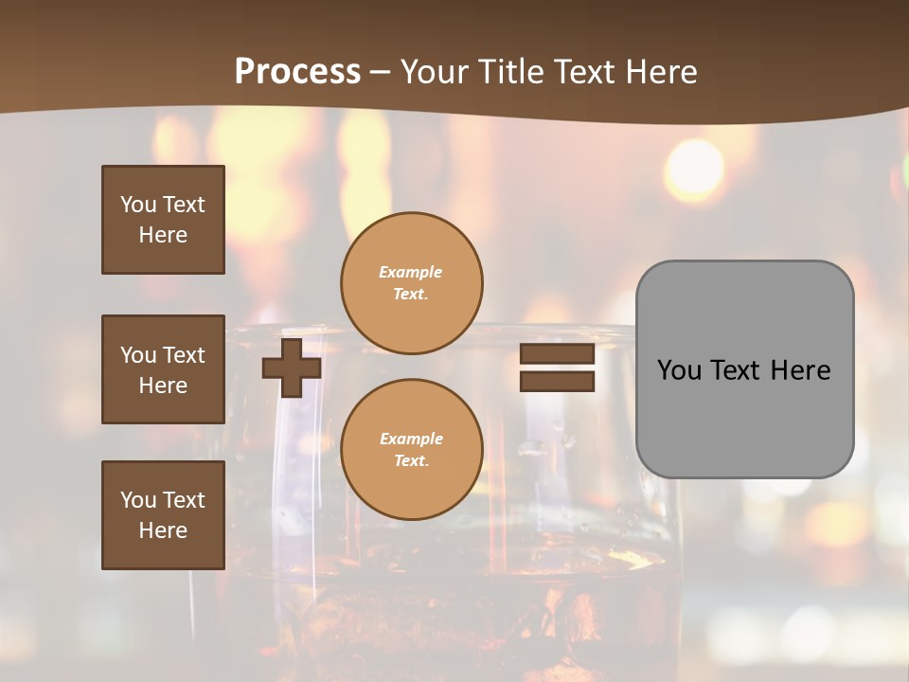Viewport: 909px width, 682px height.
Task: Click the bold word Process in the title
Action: pyautogui.click(x=297, y=72)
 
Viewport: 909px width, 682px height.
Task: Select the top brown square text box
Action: pyautogui.click(x=163, y=220)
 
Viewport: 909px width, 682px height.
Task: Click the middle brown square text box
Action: pyautogui.click(x=163, y=369)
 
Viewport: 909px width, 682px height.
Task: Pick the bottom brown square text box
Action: pyautogui.click(x=163, y=514)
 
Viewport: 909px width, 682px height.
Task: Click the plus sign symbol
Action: pyautogui.click(x=292, y=368)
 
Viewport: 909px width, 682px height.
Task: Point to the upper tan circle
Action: pyautogui.click(x=411, y=283)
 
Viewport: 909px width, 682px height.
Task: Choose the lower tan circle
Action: pyautogui.click(x=411, y=449)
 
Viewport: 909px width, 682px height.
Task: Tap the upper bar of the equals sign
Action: pyautogui.click(x=557, y=354)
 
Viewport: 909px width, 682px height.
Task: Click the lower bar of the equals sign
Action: pyautogui.click(x=557, y=382)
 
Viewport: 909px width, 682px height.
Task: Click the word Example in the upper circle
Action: pyautogui.click(x=411, y=272)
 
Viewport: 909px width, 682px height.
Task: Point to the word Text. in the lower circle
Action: pyautogui.click(x=411, y=461)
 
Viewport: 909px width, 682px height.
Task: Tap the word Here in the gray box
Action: pyautogui.click(x=801, y=370)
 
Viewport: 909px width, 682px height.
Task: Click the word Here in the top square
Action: pyautogui.click(x=163, y=235)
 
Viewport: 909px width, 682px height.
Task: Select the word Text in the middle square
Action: pyautogui.click(x=184, y=355)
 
